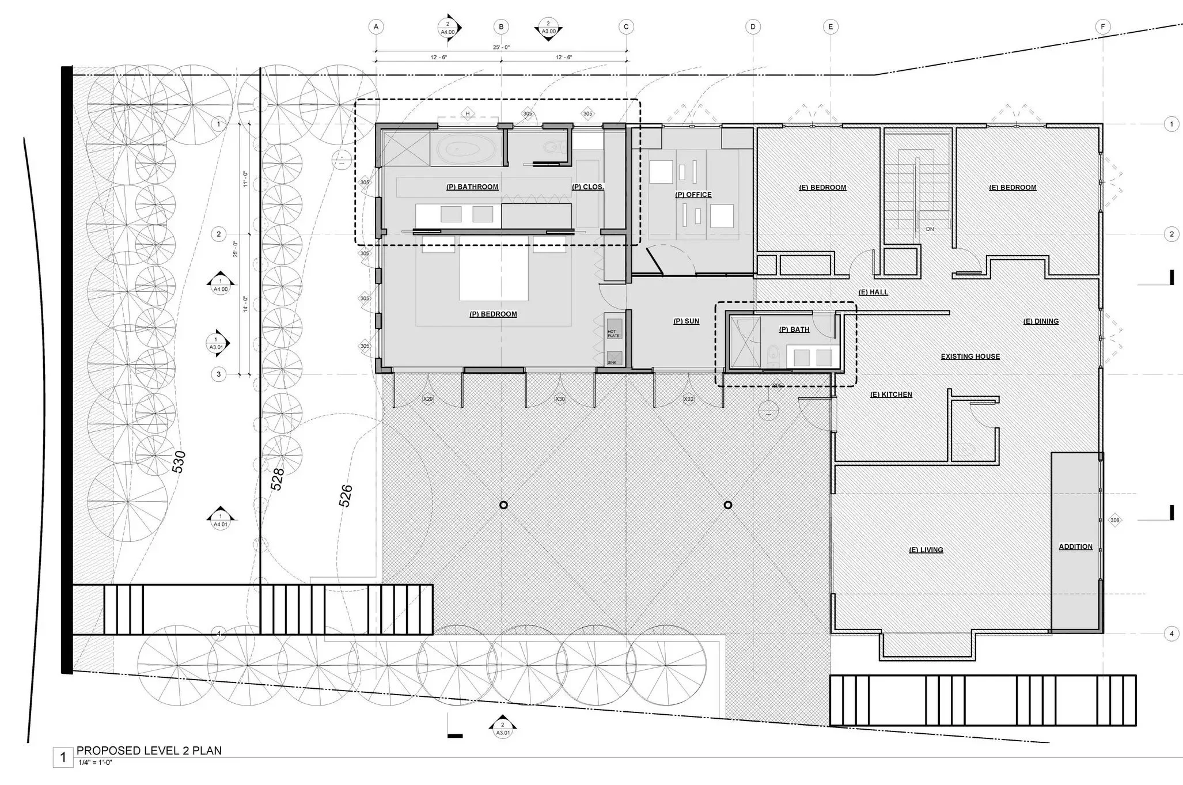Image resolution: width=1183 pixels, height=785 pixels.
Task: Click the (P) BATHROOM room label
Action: pyautogui.click(x=472, y=187)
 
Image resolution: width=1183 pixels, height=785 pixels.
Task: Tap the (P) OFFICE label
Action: pyautogui.click(x=693, y=195)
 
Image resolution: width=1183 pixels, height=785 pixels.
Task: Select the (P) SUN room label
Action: pyautogui.click(x=686, y=321)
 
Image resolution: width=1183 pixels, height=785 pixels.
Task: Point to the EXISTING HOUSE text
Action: pyautogui.click(x=970, y=357)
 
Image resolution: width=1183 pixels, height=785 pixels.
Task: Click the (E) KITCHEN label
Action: pyautogui.click(x=891, y=395)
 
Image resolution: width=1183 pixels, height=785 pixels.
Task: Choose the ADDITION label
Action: pyautogui.click(x=1075, y=547)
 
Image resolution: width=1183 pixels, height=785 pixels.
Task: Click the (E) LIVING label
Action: pyautogui.click(x=926, y=550)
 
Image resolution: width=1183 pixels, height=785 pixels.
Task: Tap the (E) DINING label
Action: pyautogui.click(x=1041, y=321)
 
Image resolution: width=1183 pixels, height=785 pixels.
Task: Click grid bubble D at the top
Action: pyautogui.click(x=753, y=26)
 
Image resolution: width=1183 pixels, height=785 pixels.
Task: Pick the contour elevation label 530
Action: pyautogui.click(x=179, y=462)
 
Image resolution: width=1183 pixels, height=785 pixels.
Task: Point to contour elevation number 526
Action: pyautogui.click(x=346, y=496)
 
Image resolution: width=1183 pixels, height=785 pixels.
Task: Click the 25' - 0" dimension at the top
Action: pyautogui.click(x=501, y=47)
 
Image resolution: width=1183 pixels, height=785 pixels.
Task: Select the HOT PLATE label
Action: pyautogui.click(x=613, y=333)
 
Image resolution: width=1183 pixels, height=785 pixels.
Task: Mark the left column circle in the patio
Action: pyautogui.click(x=503, y=505)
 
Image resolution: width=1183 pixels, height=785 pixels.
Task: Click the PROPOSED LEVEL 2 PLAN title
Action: pyautogui.click(x=149, y=750)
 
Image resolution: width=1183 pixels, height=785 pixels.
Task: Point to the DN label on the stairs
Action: pyautogui.click(x=930, y=229)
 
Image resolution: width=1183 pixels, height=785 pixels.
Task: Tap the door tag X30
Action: pyautogui.click(x=560, y=399)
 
